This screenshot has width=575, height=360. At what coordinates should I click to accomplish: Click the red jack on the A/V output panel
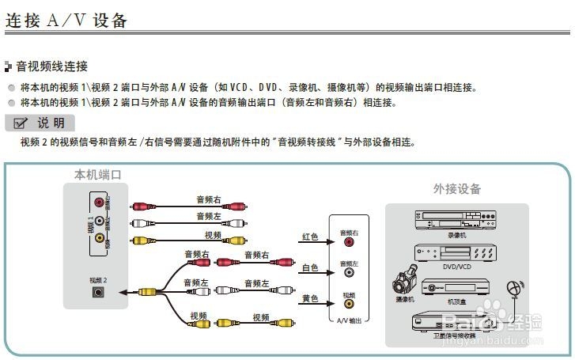pos(348,244)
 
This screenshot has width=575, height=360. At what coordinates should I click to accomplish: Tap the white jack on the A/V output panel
pos(348,274)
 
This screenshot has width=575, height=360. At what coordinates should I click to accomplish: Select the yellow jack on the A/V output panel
pos(348,304)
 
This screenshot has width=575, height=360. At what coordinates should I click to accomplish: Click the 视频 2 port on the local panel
pos(97,291)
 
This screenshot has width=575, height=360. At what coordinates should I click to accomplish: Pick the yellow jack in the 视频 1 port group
pos(99,237)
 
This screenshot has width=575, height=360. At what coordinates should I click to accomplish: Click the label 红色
pos(310,237)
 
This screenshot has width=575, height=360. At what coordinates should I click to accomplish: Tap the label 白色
pos(310,268)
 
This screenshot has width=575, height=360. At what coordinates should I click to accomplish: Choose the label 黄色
pos(310,298)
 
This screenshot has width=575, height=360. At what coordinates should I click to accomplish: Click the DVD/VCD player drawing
pos(456,254)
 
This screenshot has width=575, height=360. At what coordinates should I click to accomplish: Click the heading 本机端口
pos(97,174)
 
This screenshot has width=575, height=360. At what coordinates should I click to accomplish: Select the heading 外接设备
pos(456,189)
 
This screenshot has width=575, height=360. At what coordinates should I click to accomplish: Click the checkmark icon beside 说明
pos(21,123)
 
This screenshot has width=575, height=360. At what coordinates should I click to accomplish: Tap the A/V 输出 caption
pos(348,320)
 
